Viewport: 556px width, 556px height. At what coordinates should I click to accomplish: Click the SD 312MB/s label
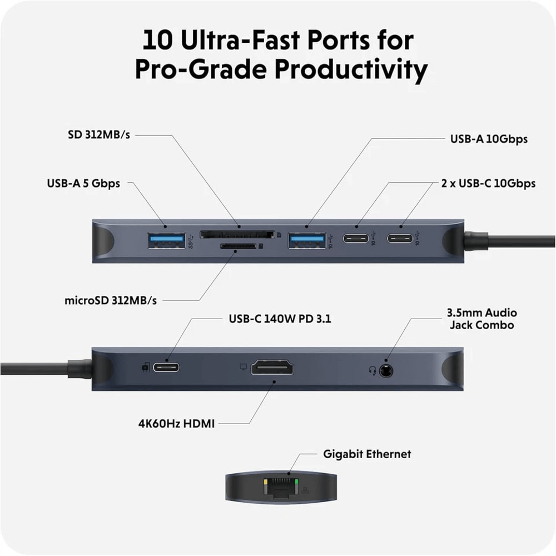[x=95, y=135]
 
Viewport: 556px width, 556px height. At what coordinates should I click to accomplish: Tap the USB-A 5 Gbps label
[x=83, y=183]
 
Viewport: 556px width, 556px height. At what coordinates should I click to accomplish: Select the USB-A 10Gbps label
[x=489, y=138]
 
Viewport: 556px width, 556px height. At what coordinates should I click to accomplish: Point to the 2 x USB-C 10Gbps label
[x=488, y=183]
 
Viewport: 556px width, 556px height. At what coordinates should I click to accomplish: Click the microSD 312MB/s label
[x=110, y=300]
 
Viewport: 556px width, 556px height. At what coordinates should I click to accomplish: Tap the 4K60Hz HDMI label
[x=176, y=423]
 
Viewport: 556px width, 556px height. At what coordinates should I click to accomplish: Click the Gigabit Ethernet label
[x=367, y=454]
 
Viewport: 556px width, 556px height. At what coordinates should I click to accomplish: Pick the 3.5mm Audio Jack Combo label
[x=481, y=319]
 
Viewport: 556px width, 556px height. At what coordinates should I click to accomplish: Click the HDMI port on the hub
[x=272, y=368]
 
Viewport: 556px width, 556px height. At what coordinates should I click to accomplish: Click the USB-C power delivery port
[x=166, y=368]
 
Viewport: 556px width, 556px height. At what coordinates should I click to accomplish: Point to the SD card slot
[x=237, y=234]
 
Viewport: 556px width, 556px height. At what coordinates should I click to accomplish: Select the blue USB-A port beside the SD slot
[x=306, y=240]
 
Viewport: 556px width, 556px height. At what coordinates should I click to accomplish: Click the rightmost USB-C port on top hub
[x=401, y=240]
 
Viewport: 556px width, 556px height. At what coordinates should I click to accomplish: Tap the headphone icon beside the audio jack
[x=372, y=370]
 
